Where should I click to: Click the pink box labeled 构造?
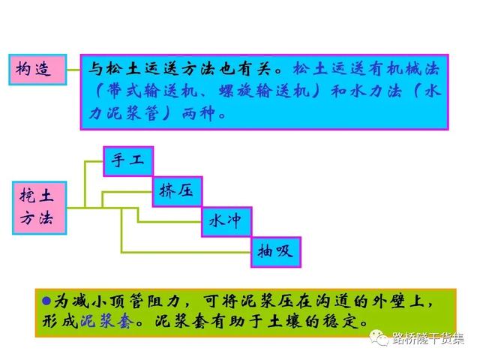[37, 70]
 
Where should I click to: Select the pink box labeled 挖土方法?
[40, 208]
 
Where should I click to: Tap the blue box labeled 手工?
[128, 161]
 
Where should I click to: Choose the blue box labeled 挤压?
[178, 191]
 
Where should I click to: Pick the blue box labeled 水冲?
[226, 222]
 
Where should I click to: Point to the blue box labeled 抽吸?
[276, 252]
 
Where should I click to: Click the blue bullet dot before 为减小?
[46, 301]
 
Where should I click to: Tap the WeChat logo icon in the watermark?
[379, 337]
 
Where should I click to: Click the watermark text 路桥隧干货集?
[428, 338]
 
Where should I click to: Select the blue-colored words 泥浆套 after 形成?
[107, 321]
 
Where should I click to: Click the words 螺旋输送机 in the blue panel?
[265, 91]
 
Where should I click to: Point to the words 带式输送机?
[152, 91]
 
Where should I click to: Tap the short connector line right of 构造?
[73, 70]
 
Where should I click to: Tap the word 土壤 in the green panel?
[285, 321]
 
